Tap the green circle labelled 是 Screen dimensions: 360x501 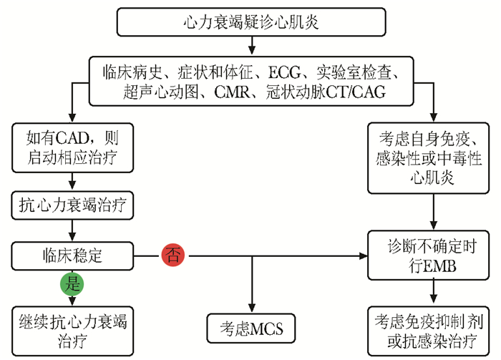73,284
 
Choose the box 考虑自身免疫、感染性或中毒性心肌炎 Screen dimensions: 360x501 433,157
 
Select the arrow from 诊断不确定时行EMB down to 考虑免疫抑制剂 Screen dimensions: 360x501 433,292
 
